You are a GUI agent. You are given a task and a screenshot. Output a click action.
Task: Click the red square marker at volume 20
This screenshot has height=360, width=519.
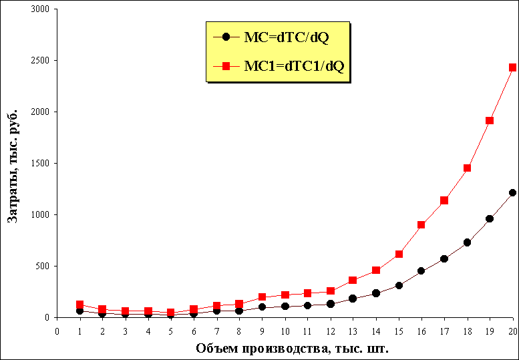[x=512, y=67]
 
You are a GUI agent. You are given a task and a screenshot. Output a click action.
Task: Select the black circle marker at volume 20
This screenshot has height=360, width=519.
[x=512, y=193]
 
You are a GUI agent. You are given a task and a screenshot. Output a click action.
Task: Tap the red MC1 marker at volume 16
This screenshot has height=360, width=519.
[x=421, y=225]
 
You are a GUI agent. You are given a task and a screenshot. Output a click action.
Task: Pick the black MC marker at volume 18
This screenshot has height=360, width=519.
[x=467, y=242]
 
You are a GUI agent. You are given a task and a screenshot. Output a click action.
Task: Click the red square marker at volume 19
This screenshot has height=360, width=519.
[x=490, y=121]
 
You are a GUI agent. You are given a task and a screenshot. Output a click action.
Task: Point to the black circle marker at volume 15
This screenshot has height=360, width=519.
[x=399, y=285]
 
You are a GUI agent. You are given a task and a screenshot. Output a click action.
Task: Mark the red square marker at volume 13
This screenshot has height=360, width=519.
[x=353, y=281]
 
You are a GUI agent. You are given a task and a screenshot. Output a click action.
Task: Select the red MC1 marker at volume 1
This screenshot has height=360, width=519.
[x=79, y=305]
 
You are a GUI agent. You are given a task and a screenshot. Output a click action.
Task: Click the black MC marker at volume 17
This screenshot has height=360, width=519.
[x=444, y=258]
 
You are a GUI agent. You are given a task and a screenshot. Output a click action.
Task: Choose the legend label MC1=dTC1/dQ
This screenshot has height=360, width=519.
[x=294, y=66]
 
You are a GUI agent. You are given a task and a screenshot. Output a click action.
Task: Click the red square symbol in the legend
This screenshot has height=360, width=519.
[x=226, y=66]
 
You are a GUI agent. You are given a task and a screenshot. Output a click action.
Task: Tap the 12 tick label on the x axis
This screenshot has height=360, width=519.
[x=330, y=331]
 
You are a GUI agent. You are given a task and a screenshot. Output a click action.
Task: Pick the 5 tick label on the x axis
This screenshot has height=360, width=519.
[x=170, y=331]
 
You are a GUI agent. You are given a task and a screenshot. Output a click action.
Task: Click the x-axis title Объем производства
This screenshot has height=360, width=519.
[x=292, y=348]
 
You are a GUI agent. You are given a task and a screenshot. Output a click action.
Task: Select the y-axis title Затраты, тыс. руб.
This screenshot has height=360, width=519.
[x=12, y=164]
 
